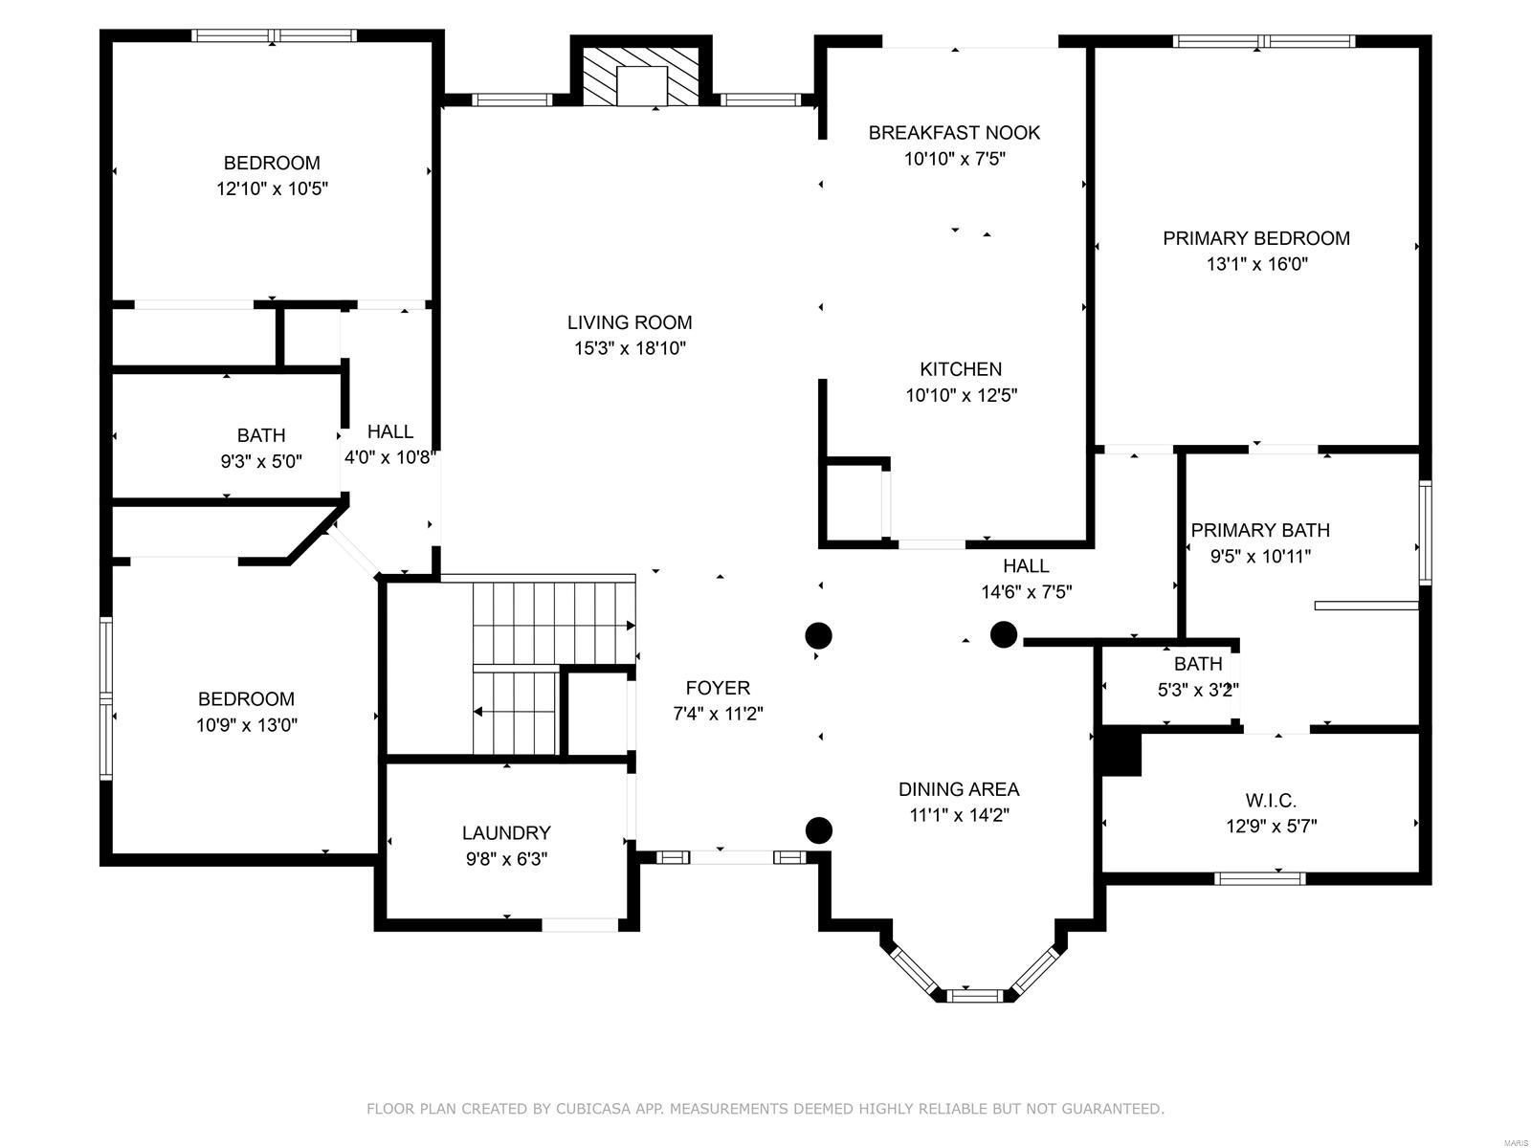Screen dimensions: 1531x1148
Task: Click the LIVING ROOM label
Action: pyautogui.click(x=629, y=322)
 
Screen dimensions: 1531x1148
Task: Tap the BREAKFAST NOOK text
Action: pyautogui.click(x=953, y=132)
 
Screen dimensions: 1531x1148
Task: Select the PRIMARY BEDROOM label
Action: pyautogui.click(x=1255, y=238)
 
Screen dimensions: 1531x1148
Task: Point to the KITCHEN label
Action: pyautogui.click(x=961, y=368)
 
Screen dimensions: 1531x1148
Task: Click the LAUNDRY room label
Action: pyautogui.click(x=505, y=832)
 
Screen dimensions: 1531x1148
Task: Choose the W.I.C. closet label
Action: pyautogui.click(x=1271, y=800)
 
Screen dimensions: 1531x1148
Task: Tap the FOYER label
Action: pyautogui.click(x=717, y=688)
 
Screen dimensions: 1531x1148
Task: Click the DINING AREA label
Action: pyautogui.click(x=959, y=789)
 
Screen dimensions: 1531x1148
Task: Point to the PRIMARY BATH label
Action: pyautogui.click(x=1259, y=530)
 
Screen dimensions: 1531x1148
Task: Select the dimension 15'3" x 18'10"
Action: pyautogui.click(x=629, y=348)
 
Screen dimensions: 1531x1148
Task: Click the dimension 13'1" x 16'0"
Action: pyautogui.click(x=1257, y=264)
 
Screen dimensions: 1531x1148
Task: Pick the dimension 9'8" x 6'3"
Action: pyautogui.click(x=506, y=859)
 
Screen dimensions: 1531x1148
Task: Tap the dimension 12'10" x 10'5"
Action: pyautogui.click(x=272, y=188)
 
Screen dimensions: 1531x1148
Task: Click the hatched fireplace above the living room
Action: pyautogui.click(x=641, y=77)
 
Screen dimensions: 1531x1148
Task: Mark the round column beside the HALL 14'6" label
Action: pyautogui.click(x=1003, y=634)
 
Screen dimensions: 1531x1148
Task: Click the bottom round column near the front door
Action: pyautogui.click(x=819, y=830)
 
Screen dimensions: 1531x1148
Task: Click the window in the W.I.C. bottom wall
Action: pyautogui.click(x=1259, y=878)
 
